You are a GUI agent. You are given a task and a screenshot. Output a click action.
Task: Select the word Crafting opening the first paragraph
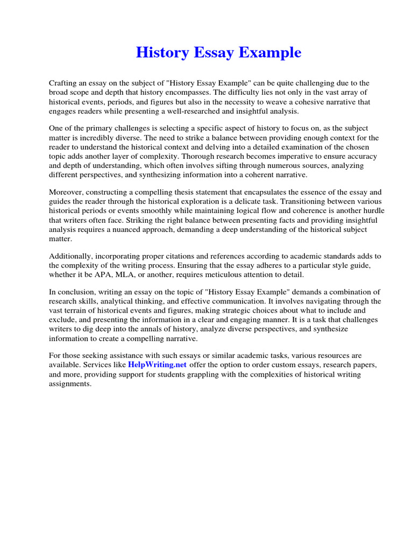[x=63, y=83]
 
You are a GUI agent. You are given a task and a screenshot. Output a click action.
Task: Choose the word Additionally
[x=71, y=257]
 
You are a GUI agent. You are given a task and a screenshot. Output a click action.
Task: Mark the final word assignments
[x=70, y=384]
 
